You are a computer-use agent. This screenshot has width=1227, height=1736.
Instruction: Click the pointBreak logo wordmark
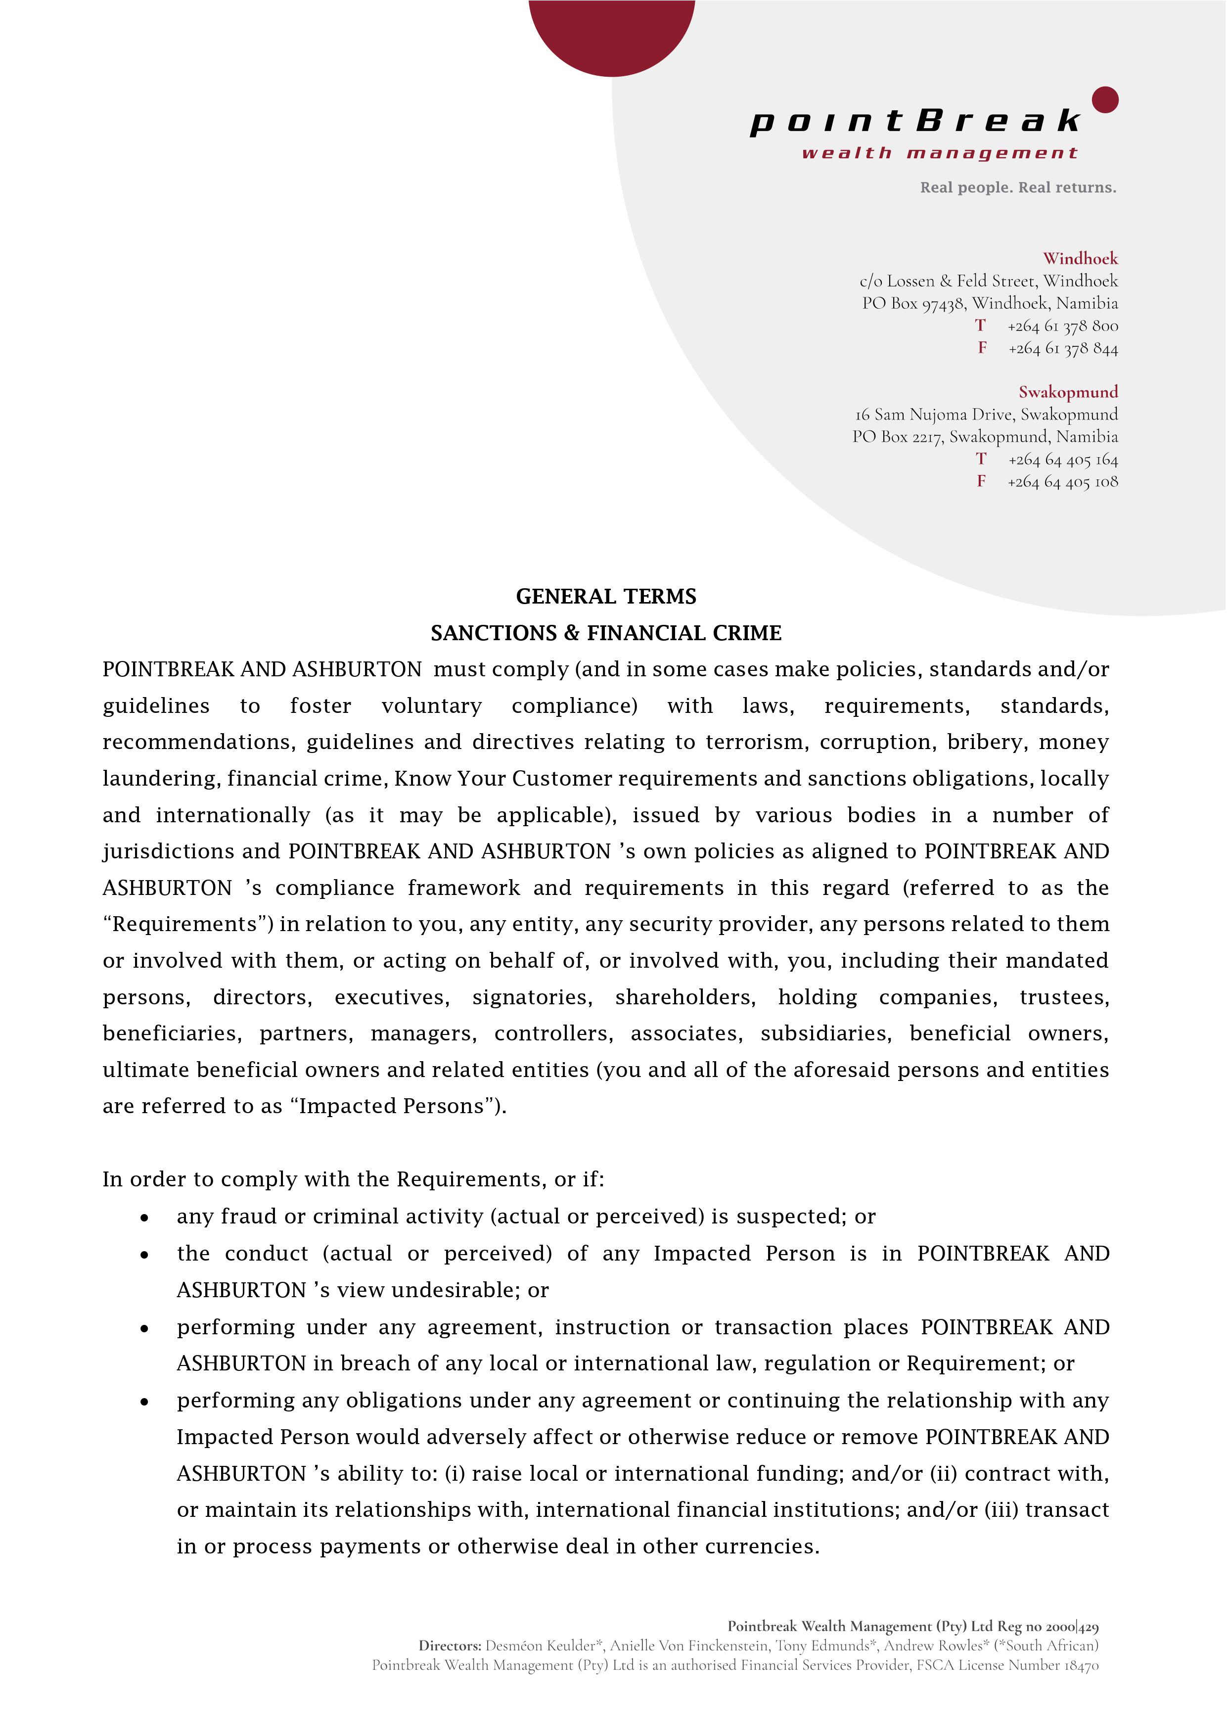click(915, 121)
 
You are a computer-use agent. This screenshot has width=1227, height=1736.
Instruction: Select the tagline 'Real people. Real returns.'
click(1018, 188)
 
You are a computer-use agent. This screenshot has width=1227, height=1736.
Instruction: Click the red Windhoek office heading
click(1080, 259)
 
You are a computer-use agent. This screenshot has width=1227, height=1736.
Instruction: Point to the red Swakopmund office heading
click(1067, 392)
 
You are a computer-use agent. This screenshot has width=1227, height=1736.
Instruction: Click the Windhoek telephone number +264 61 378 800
click(1062, 326)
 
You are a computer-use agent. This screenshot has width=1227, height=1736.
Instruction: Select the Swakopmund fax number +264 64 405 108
click(1062, 482)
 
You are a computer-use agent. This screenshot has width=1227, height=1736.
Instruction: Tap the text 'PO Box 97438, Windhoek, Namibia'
click(990, 303)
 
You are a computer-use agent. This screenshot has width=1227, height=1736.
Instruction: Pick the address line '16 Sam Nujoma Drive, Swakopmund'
click(986, 415)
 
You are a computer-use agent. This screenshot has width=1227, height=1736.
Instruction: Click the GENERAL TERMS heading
click(605, 597)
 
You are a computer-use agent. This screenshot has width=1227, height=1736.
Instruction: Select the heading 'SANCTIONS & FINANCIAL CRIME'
click(605, 633)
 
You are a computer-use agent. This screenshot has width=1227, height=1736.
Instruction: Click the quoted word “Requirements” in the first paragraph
click(188, 924)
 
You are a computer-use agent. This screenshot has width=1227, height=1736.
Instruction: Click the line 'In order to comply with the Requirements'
click(353, 1179)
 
